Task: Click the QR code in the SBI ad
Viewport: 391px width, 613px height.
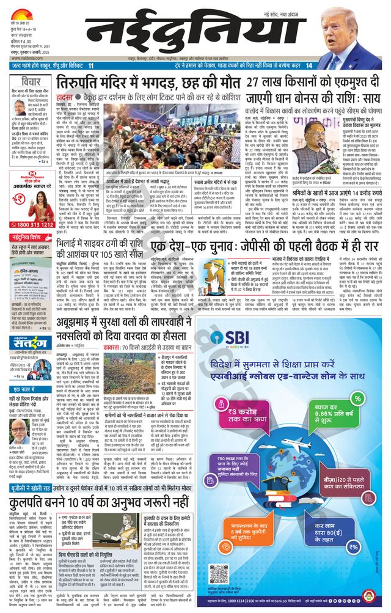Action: pyautogui.click(x=217, y=573)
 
